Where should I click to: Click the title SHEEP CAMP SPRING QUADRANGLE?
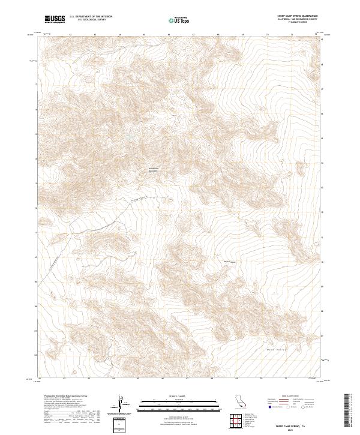pos(296,16)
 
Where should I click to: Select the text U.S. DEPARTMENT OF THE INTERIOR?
pos(91,17)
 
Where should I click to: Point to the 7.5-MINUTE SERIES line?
pos(296,23)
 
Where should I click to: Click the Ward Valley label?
pos(275,349)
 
